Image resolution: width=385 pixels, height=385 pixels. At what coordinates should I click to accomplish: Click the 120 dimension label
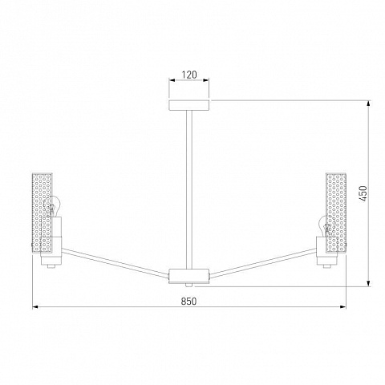pos(189,75)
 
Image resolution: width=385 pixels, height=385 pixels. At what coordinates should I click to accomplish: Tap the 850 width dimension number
pos(188,302)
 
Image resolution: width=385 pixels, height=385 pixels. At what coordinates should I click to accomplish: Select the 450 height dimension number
pos(363,194)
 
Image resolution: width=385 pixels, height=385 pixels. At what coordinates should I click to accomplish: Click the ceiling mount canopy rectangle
pos(189,105)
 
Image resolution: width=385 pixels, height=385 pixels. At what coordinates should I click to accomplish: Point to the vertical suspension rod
pos(189,189)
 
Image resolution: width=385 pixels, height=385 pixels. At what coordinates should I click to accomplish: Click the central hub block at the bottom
pos(189,276)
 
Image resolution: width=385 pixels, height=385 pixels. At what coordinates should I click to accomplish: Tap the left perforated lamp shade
pos(42,213)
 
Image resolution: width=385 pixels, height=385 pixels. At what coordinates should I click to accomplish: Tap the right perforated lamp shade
pos(336,213)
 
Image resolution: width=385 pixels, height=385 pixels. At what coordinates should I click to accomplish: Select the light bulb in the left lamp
pos(52,206)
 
